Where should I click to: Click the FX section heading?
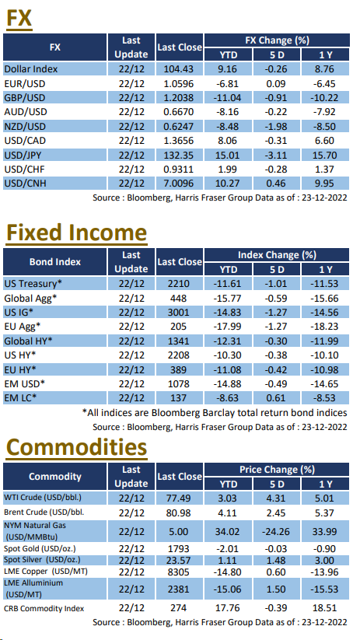[18, 19]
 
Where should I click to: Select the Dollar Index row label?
[31, 69]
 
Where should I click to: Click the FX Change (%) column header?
[277, 40]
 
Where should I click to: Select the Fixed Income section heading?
[76, 233]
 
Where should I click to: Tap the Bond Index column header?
[55, 261]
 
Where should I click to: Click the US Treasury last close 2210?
[179, 284]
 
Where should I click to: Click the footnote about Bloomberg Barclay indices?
[215, 413]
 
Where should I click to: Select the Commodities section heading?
[76, 448]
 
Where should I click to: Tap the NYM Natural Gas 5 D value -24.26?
[277, 531]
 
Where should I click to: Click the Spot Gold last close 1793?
[179, 549]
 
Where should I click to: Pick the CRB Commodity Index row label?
[44, 609]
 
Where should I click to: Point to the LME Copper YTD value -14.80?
[229, 572]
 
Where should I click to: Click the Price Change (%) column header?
[277, 470]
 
